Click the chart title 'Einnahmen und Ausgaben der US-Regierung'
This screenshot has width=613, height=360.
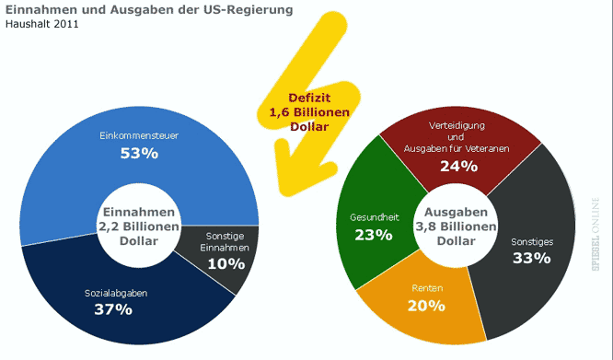pos(149,9)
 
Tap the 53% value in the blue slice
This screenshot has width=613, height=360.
pos(139,153)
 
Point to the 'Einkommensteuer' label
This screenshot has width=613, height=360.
pos(139,136)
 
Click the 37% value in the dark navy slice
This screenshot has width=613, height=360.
pos(113,309)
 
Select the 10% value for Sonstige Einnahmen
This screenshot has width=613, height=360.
pos(226,263)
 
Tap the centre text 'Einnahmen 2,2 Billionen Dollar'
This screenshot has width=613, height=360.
pos(139,226)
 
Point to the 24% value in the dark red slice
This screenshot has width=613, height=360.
pos(458,167)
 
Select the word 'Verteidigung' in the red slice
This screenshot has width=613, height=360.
pos(458,125)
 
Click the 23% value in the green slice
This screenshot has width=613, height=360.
pos(373,234)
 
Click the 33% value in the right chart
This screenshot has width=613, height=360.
pos(531,258)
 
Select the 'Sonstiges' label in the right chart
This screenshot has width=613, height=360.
pos(531,241)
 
